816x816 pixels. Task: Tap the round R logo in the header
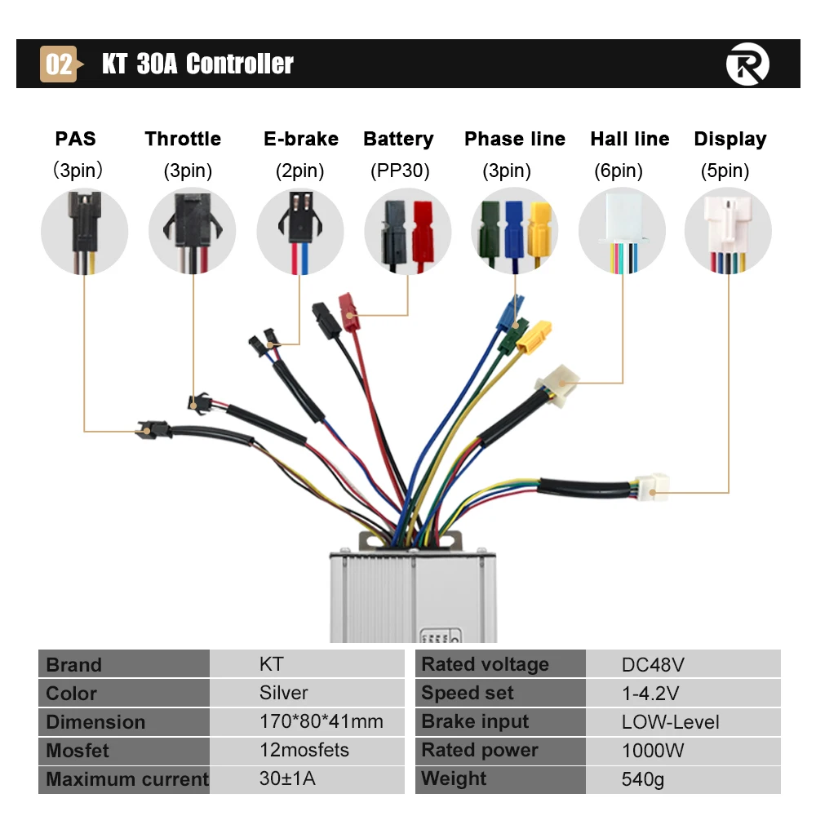point(747,64)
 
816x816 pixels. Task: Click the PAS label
point(75,139)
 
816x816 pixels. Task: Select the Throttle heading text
point(183,139)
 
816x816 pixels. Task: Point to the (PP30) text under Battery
point(400,171)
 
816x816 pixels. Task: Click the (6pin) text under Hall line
point(619,171)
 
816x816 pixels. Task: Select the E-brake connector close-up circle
point(300,231)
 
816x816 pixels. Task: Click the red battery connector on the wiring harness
point(348,312)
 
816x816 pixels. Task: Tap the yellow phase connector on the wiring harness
point(534,337)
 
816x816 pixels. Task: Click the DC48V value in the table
point(653,664)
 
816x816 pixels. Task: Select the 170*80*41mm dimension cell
point(321,721)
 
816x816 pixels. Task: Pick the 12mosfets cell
point(304,750)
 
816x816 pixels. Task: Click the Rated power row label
point(479,750)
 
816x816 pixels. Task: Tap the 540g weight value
point(643,779)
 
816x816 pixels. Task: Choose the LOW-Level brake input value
point(670,722)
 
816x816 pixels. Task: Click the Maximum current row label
point(127,779)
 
